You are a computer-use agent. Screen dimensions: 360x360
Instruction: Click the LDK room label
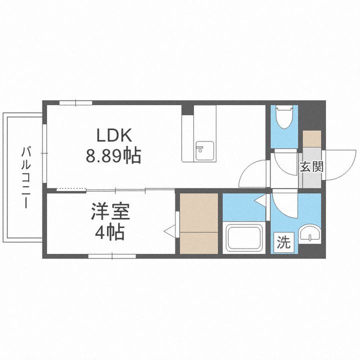113,135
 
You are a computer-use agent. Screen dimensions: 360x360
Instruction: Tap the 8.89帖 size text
113,157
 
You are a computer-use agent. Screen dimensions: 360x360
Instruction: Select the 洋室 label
110,212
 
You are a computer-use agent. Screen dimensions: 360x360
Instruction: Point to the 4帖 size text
110,233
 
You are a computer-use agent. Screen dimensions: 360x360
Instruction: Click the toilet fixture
284,117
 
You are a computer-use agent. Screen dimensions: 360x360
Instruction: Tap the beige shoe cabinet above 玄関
312,138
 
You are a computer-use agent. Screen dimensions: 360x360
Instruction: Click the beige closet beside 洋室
199,222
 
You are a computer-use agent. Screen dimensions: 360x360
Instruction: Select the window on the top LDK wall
76,103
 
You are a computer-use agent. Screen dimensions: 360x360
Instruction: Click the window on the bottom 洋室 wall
112,256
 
